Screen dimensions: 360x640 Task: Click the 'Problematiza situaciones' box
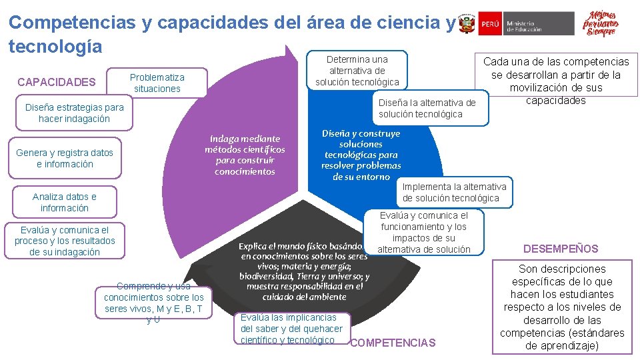click(157, 83)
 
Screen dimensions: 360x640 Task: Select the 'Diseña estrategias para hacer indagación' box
click(74, 113)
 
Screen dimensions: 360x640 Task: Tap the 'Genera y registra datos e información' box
click(65, 159)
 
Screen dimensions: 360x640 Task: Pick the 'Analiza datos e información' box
click(65, 203)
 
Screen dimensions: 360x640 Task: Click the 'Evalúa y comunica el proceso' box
click(65, 241)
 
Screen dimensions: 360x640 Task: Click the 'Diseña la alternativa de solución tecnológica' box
click(427, 108)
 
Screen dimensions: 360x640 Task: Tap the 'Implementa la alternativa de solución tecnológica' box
click(455, 192)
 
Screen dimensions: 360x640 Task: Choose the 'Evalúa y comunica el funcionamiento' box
click(424, 233)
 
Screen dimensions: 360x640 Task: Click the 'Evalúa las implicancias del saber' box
click(291, 329)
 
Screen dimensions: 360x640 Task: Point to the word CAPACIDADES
click(57, 83)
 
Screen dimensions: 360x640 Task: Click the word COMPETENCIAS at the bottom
click(393, 343)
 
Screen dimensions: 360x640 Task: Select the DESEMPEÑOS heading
click(561, 249)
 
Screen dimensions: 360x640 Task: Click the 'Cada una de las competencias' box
click(555, 81)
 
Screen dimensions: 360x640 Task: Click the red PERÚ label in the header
click(489, 23)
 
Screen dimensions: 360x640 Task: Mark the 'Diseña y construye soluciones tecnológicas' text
click(361, 155)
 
